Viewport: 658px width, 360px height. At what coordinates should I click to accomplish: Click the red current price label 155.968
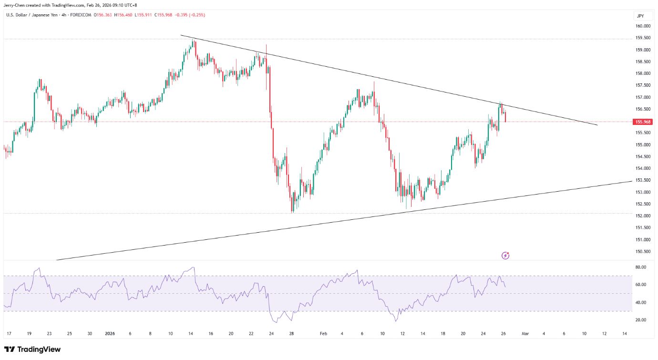(x=643, y=122)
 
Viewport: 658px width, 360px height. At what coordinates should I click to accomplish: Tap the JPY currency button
(x=640, y=16)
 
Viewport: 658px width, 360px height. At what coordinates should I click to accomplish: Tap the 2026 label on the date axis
(x=110, y=334)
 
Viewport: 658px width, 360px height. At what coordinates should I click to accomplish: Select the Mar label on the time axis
(x=524, y=334)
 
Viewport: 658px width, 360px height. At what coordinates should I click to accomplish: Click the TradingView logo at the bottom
(x=32, y=350)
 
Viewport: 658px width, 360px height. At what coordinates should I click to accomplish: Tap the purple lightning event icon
(x=505, y=256)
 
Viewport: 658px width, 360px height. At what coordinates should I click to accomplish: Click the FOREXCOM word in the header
(x=81, y=15)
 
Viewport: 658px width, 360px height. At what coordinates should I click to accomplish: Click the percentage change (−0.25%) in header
(x=196, y=15)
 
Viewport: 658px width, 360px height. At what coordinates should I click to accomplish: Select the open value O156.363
(x=103, y=15)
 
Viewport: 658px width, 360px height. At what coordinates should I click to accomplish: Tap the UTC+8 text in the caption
(x=130, y=5)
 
